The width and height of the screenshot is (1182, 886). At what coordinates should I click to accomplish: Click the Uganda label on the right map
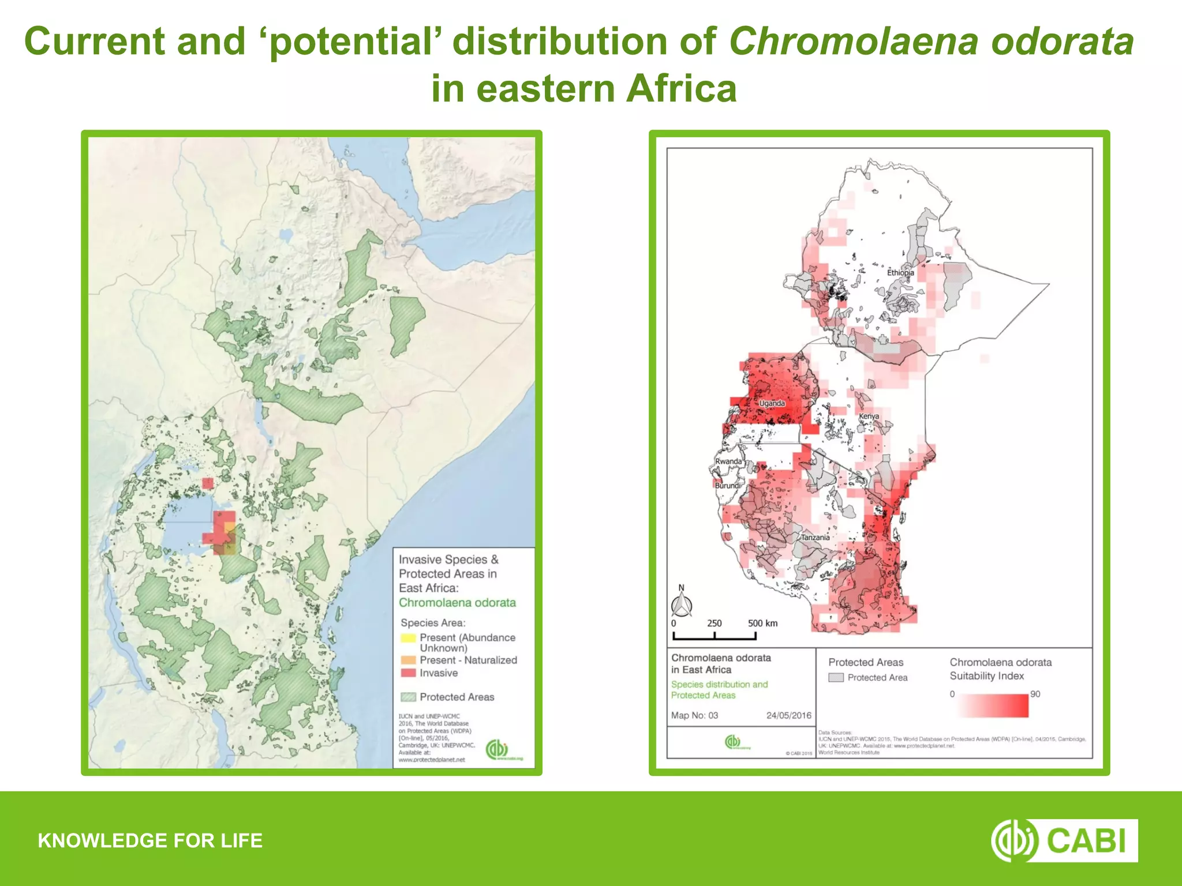pyautogui.click(x=772, y=403)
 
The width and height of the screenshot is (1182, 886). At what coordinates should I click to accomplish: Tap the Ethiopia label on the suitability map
pyautogui.click(x=900, y=272)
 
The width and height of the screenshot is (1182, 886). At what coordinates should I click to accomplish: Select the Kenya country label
pyautogui.click(x=869, y=416)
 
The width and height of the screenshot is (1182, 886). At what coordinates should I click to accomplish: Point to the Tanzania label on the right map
pyautogui.click(x=815, y=537)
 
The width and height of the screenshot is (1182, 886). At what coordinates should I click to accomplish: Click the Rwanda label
pyautogui.click(x=728, y=461)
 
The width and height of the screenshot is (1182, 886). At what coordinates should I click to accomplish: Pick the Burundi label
pyautogui.click(x=727, y=486)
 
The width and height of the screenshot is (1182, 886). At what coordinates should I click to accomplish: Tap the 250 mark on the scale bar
pyautogui.click(x=714, y=624)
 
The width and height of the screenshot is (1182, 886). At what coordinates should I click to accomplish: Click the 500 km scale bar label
pyautogui.click(x=762, y=624)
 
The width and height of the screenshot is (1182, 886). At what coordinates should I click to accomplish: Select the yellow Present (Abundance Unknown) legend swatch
pyautogui.click(x=408, y=638)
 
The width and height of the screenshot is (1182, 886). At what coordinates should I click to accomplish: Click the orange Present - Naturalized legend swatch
pyautogui.click(x=408, y=660)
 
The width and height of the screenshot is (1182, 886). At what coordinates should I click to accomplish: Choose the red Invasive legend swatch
pyautogui.click(x=408, y=673)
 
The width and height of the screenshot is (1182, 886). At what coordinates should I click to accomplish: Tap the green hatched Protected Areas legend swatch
pyautogui.click(x=408, y=697)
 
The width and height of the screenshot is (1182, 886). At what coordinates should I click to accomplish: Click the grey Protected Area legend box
pyautogui.click(x=836, y=678)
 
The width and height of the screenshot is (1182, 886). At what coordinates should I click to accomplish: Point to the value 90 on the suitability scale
pyautogui.click(x=1035, y=694)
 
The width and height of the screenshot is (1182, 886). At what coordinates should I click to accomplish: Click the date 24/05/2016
pyautogui.click(x=788, y=715)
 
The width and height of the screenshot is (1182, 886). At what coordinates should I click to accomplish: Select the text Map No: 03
pyautogui.click(x=694, y=715)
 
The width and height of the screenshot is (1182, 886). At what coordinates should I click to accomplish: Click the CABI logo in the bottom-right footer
pyautogui.click(x=1064, y=840)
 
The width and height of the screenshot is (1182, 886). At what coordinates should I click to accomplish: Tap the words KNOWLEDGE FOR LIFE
pyautogui.click(x=150, y=840)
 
